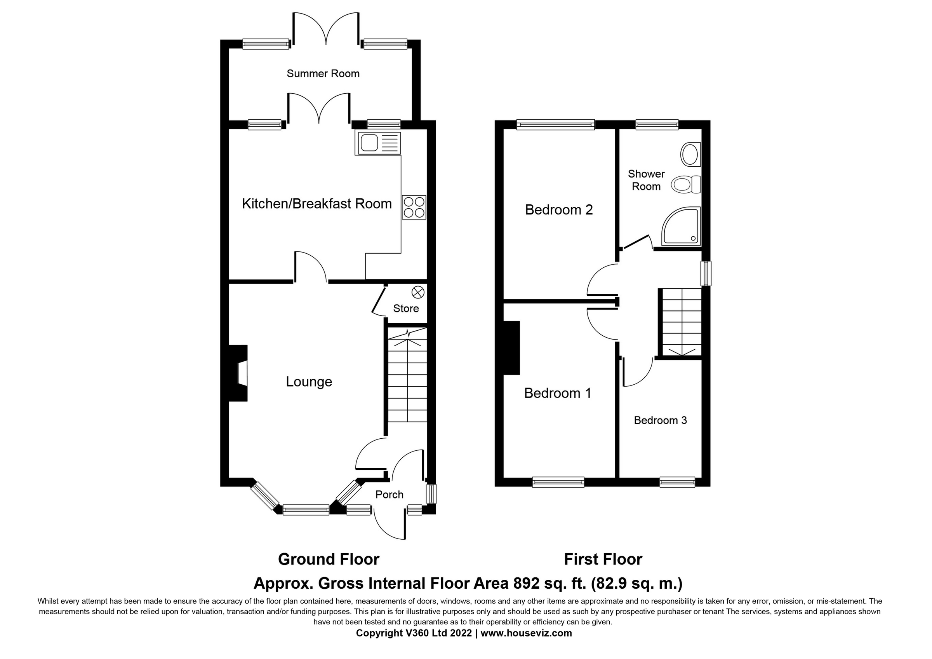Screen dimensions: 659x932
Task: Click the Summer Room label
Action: pos(323,73)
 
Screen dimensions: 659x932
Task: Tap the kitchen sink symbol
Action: pos(377,143)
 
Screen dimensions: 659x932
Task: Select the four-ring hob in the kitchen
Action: pos(414,207)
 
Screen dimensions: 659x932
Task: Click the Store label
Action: pos(406,309)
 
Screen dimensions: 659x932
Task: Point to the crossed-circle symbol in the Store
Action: pos(418,292)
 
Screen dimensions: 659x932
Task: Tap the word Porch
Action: pos(389,495)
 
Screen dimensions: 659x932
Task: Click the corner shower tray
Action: pos(682,227)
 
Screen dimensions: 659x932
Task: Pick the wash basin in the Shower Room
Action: pos(690,154)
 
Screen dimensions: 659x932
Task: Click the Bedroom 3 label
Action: pos(661,420)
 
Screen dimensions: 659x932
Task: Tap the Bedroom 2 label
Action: pos(559,209)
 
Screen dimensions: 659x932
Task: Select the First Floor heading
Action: pos(603,560)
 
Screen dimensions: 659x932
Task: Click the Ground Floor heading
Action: pos(329,560)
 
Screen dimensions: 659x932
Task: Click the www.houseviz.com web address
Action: pos(526,633)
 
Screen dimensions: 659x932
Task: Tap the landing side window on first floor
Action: pos(707,273)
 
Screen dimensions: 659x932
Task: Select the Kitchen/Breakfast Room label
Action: pos(316,204)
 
